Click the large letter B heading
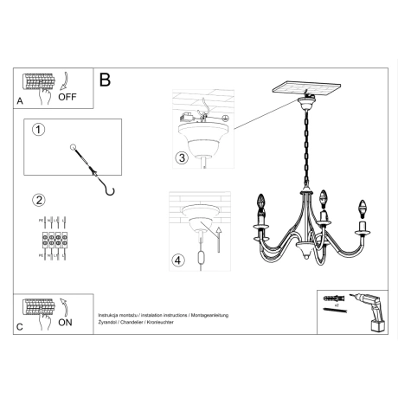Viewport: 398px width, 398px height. [106, 80]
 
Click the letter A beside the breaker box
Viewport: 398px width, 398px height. [21, 101]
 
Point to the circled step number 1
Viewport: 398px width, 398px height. [37, 131]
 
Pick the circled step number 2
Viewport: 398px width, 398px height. [37, 202]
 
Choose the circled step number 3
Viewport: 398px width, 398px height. [181, 157]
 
